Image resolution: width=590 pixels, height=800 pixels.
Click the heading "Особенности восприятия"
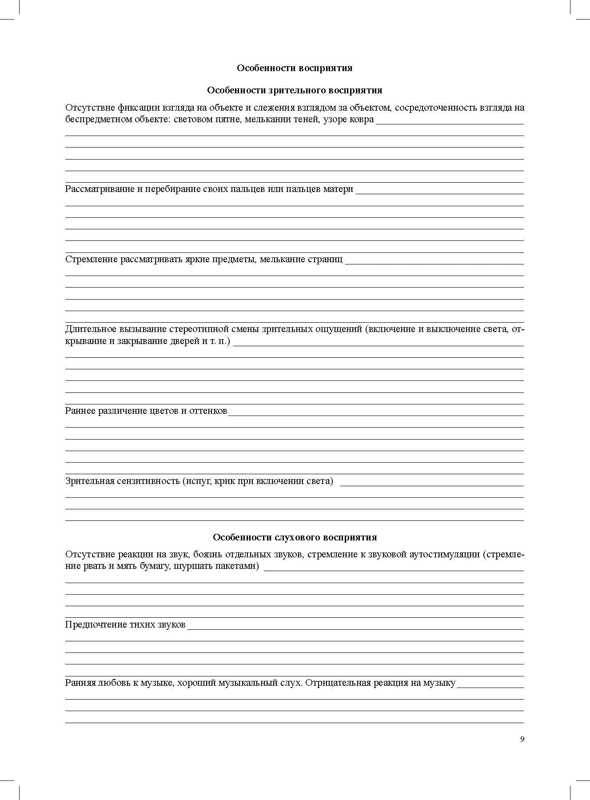click(x=295, y=68)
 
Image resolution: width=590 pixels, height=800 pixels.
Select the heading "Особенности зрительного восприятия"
click(x=295, y=90)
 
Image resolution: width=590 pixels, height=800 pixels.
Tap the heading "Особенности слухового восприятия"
click(x=295, y=537)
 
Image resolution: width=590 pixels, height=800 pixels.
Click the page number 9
click(x=522, y=739)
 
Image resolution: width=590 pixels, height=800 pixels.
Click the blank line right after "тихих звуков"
click(x=355, y=628)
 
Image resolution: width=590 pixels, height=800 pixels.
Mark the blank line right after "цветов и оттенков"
click(x=375, y=415)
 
